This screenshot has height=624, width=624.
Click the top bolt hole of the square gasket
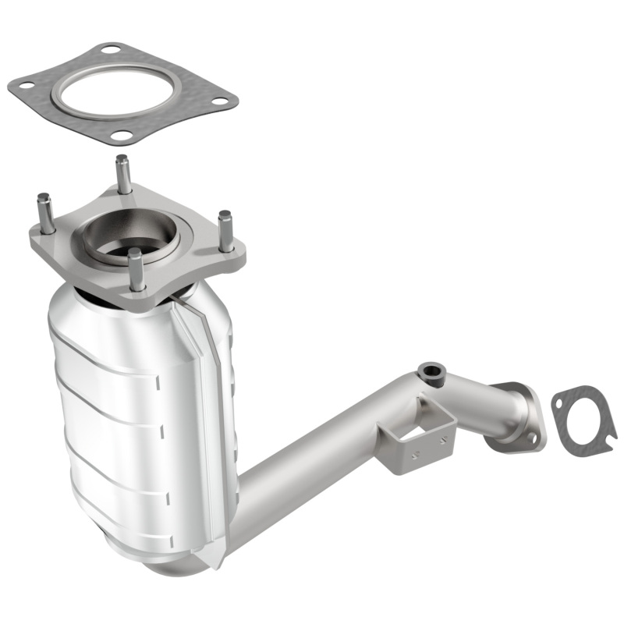[x=112, y=50]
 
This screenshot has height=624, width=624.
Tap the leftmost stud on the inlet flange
[x=45, y=211]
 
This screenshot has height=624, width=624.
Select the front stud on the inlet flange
[x=136, y=268]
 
